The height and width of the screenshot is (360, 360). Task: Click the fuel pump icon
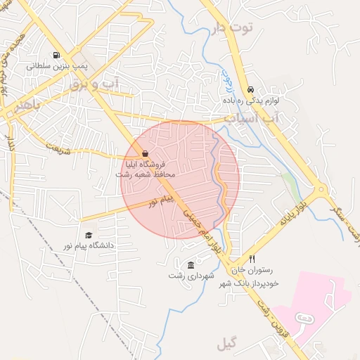(x=56, y=55)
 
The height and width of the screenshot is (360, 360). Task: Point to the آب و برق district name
(x=95, y=84)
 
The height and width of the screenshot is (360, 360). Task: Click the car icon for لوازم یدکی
(x=250, y=90)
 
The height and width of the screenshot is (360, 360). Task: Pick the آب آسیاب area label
(x=252, y=119)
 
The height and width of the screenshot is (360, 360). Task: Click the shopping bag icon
(x=145, y=153)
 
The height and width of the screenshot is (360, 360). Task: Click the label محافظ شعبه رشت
(x=145, y=174)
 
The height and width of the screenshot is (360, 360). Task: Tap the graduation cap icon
(x=89, y=236)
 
